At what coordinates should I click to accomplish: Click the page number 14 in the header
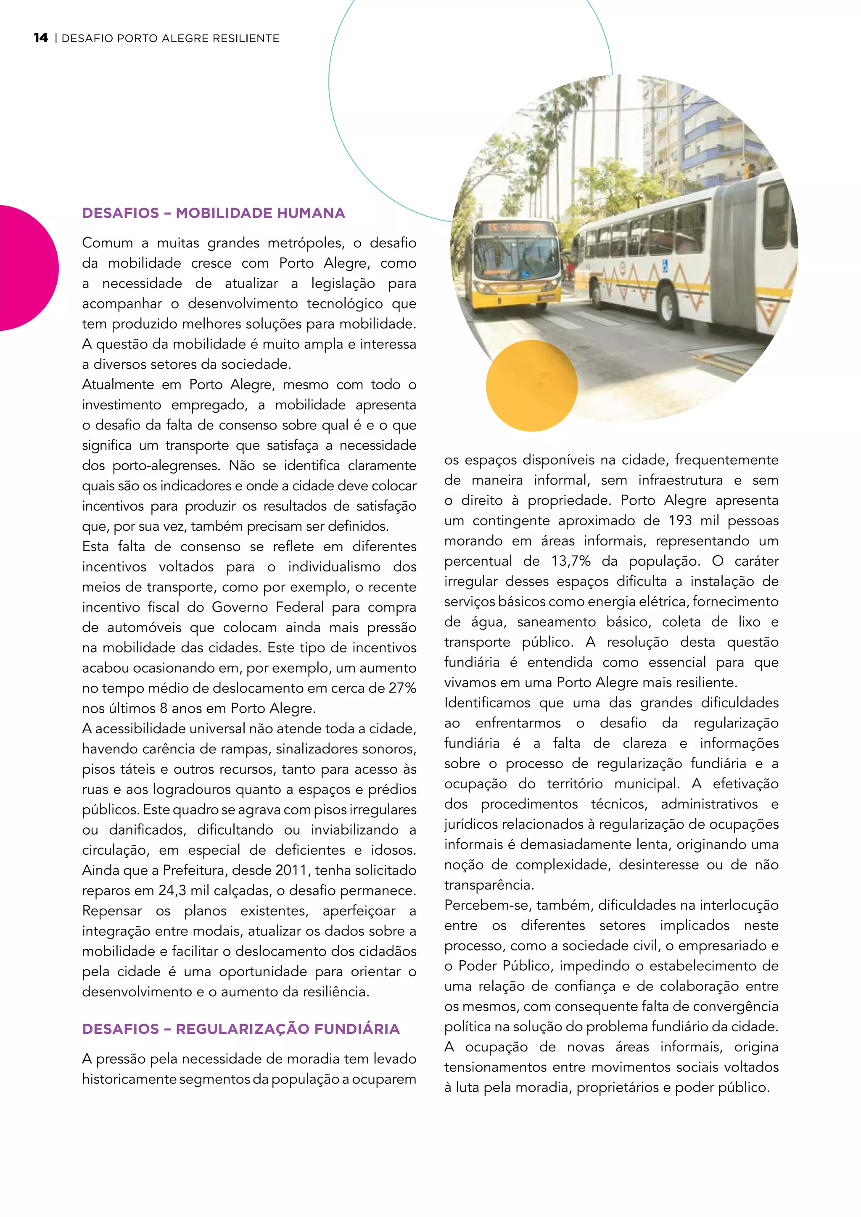click(x=40, y=38)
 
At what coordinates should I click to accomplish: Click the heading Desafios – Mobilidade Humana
click(x=213, y=213)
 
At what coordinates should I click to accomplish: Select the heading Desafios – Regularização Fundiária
click(x=241, y=1029)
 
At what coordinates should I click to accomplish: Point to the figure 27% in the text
click(x=402, y=688)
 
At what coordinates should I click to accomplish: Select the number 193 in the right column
click(x=680, y=521)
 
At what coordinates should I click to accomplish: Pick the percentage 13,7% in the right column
click(x=570, y=561)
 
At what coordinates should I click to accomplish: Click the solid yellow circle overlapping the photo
click(x=531, y=385)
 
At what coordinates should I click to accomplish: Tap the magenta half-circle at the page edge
click(x=26, y=268)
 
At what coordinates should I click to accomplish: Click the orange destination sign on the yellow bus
click(x=515, y=228)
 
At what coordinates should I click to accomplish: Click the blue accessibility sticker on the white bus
click(x=665, y=263)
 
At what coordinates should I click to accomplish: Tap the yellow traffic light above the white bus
click(x=749, y=171)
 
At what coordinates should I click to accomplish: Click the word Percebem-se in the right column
click(x=486, y=905)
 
